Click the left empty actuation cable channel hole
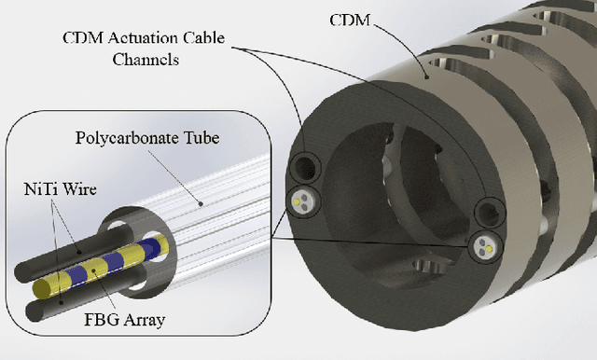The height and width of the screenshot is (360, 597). [304, 169]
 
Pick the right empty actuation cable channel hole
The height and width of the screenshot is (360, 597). [486, 212]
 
